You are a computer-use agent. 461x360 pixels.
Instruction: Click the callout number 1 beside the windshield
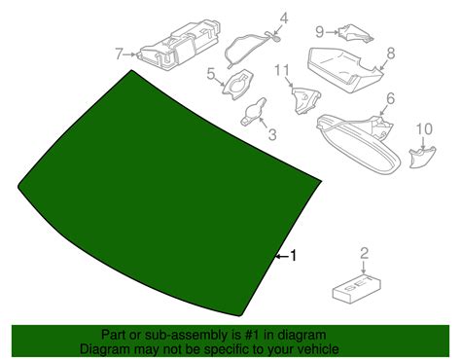click(294, 256)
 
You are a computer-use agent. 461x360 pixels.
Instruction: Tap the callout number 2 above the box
click(365, 253)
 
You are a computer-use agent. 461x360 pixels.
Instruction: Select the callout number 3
click(272, 134)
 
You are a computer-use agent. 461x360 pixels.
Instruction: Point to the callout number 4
click(284, 18)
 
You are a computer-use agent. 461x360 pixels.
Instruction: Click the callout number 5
click(211, 74)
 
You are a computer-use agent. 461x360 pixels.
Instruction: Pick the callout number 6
click(390, 98)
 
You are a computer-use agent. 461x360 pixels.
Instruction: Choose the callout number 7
click(119, 54)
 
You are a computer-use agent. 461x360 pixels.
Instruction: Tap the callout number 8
click(391, 54)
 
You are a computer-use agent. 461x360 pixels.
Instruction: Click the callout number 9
click(320, 32)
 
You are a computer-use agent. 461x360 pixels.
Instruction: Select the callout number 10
click(424, 129)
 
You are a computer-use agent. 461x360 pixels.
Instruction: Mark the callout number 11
click(282, 71)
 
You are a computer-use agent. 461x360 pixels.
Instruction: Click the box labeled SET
click(357, 290)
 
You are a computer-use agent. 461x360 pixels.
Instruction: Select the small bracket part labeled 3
click(254, 111)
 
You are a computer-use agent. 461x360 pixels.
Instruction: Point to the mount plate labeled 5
click(237, 84)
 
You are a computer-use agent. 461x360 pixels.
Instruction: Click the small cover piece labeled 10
click(421, 158)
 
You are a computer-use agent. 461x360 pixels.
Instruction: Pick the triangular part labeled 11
click(305, 99)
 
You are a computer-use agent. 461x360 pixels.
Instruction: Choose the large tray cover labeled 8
click(344, 69)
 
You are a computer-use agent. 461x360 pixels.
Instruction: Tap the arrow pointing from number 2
click(364, 268)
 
